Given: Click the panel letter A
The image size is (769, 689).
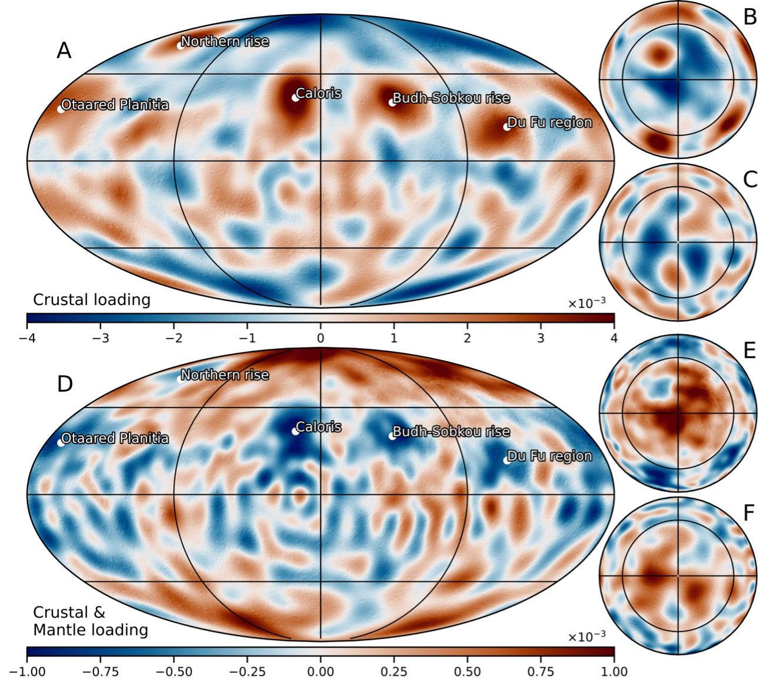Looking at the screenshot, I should pos(64,51).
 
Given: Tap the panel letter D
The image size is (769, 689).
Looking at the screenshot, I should pos(65,384).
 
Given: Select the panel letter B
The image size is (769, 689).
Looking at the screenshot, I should pos(750,18).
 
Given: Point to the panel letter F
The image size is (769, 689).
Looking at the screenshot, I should pos(749,513).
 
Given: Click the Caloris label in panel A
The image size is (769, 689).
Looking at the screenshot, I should pos(318,93).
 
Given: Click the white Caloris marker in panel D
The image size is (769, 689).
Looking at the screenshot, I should pos(295,431).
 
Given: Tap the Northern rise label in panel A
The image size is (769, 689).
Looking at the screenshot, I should pos(224,42).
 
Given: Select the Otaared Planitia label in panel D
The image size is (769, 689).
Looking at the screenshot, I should pos(115,439).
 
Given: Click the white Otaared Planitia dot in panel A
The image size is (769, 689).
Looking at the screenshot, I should pos(61,109).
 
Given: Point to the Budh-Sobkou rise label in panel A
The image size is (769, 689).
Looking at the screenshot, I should pos(451,98).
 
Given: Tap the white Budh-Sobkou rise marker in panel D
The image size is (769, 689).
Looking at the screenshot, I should pos(392,436).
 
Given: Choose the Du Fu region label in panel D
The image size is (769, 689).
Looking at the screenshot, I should pos(549,456).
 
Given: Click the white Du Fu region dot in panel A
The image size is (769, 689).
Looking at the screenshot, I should pos(506,127).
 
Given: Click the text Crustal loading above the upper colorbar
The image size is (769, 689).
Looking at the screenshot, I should pos(92,300).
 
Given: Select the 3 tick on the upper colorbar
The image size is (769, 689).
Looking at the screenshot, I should pos(541,339).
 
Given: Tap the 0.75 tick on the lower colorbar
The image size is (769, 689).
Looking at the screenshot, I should pos(541,672).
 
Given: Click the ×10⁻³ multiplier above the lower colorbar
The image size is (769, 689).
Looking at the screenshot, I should pos(587,637).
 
